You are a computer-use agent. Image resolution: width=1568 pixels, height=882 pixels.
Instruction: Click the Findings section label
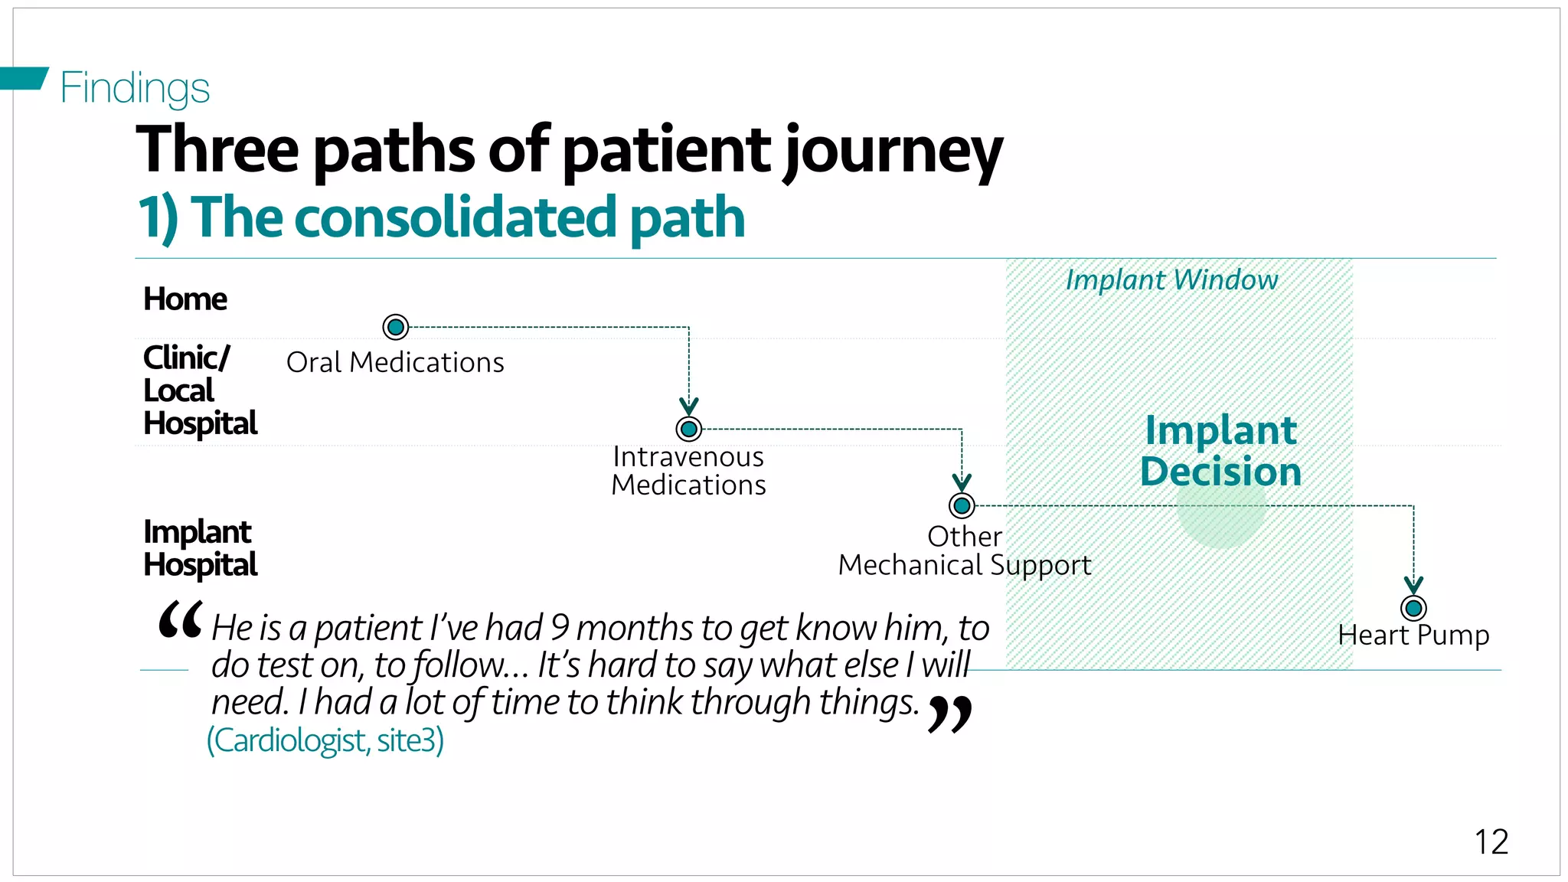click(135, 87)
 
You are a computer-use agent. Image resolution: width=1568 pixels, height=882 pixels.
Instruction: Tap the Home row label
click(185, 299)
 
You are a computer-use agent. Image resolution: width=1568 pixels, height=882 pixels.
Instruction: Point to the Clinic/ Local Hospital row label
click(200, 390)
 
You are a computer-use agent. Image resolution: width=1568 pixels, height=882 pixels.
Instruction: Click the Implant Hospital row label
click(200, 548)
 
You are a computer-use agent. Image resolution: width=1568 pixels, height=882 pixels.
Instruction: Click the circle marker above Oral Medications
click(396, 328)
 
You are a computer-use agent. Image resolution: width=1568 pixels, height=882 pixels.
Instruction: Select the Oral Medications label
click(395, 362)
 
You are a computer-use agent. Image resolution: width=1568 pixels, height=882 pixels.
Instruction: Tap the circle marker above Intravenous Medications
click(689, 429)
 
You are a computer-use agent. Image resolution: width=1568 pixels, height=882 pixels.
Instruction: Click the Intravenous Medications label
click(688, 471)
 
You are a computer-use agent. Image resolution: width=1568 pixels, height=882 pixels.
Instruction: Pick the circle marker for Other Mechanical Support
click(962, 505)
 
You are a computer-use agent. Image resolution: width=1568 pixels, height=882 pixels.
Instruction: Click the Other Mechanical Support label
click(965, 551)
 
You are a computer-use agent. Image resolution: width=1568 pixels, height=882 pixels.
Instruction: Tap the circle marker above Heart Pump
click(1413, 608)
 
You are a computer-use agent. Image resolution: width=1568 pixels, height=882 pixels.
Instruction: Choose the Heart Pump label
click(1413, 635)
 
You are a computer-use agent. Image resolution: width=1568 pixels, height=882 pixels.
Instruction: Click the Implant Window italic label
click(1171, 280)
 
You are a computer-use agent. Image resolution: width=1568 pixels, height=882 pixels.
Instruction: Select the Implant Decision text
click(1220, 451)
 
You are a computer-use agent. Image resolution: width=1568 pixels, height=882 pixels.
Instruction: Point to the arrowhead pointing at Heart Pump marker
click(1413, 585)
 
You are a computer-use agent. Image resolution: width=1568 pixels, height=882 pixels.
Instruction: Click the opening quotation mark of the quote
click(181, 620)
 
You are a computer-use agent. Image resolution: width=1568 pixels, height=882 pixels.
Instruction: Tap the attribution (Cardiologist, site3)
click(325, 740)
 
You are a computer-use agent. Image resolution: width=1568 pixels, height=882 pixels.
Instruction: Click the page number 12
click(1491, 842)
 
